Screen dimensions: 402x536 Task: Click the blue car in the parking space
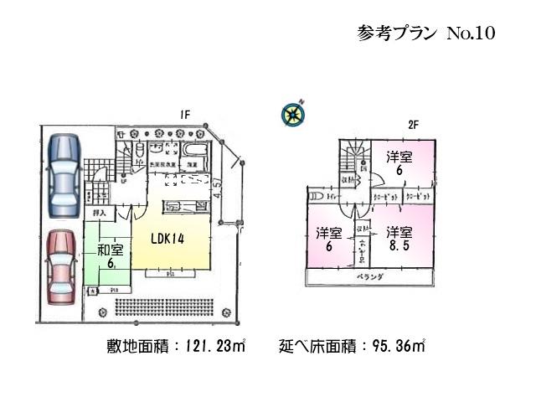pyautogui.click(x=64, y=175)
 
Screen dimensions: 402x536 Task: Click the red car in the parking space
pyautogui.click(x=61, y=266)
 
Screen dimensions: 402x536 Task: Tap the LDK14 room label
pyautogui.click(x=168, y=238)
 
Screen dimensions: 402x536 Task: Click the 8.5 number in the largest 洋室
pyautogui.click(x=399, y=248)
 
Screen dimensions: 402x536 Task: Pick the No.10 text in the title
pyautogui.click(x=472, y=33)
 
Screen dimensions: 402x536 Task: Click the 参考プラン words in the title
pyautogui.click(x=397, y=33)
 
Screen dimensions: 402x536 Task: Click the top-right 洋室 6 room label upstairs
pyautogui.click(x=399, y=162)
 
